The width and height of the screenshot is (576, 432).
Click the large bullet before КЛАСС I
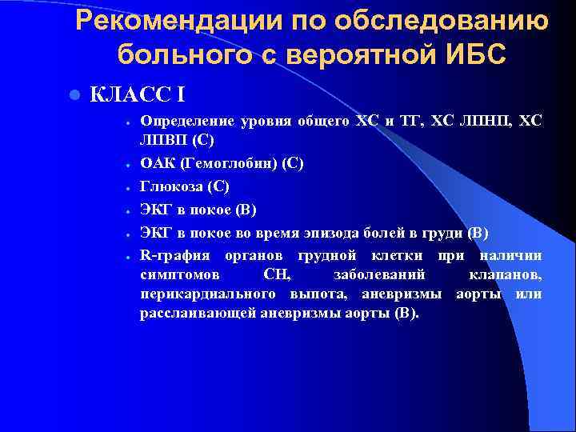click(x=74, y=95)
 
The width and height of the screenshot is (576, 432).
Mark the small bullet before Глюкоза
click(x=128, y=187)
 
